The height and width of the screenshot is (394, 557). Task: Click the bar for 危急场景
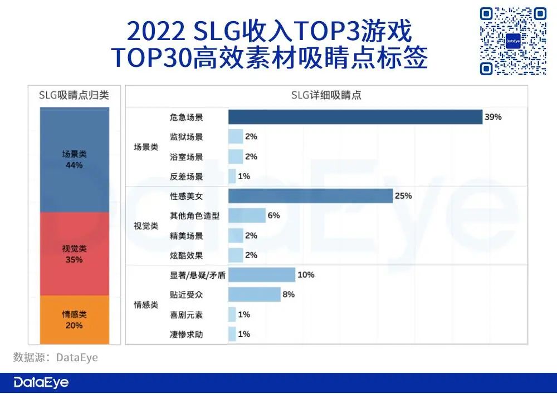point(355,117)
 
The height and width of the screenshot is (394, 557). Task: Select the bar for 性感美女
point(310,196)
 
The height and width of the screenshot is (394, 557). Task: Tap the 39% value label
point(493,117)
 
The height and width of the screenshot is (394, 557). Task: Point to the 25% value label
point(403,196)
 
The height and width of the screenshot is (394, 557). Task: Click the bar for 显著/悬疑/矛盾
point(261,275)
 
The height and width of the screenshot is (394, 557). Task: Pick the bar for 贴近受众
point(254,294)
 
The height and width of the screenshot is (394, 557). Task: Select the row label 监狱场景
point(186,137)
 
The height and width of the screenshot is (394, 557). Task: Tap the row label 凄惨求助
point(186,334)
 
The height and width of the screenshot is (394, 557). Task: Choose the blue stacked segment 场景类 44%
point(74,160)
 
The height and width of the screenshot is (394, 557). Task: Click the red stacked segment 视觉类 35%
point(74,254)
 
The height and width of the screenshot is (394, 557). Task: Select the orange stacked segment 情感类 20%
point(74,319)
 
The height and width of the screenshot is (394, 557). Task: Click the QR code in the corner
point(513,41)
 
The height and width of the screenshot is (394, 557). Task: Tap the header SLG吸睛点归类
point(74,95)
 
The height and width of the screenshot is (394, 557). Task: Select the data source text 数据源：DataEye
point(56,357)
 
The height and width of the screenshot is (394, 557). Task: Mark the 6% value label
point(273,215)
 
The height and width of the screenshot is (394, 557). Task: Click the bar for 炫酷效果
point(236,255)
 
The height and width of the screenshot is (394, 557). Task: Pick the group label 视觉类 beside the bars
point(146,226)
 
